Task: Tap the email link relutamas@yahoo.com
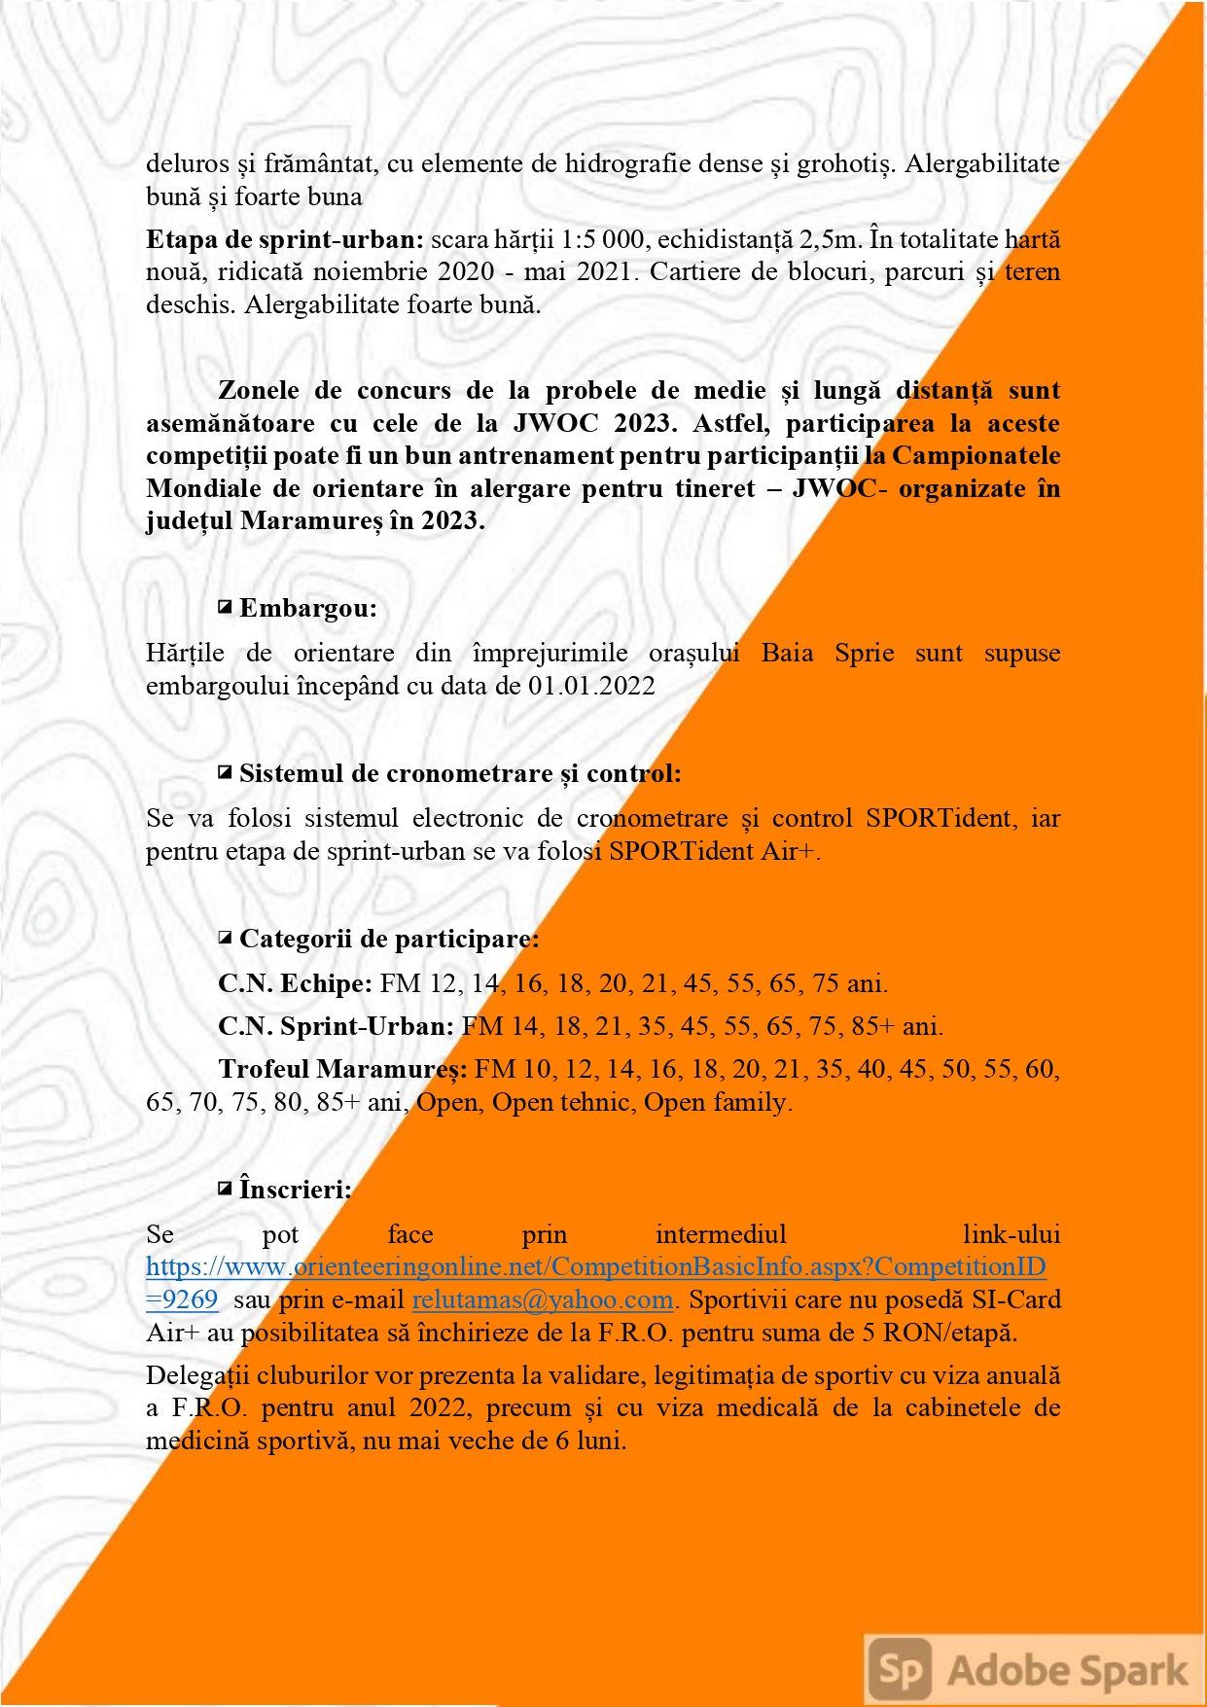pyautogui.click(x=543, y=1299)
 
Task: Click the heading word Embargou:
pyautogui.click(x=308, y=609)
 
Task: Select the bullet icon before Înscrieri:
pyautogui.click(x=225, y=1189)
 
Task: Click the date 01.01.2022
pyautogui.click(x=591, y=686)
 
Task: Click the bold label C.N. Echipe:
pyautogui.click(x=295, y=983)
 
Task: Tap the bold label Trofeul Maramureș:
pyautogui.click(x=342, y=1069)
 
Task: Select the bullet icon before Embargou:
pyautogui.click(x=225, y=608)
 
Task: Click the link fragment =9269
pyautogui.click(x=182, y=1299)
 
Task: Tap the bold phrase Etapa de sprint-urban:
pyautogui.click(x=285, y=239)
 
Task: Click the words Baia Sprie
pyautogui.click(x=828, y=653)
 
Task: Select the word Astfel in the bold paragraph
pyautogui.click(x=730, y=423)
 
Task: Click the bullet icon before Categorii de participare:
pyautogui.click(x=225, y=939)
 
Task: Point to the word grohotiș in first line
pyautogui.click(x=843, y=163)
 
